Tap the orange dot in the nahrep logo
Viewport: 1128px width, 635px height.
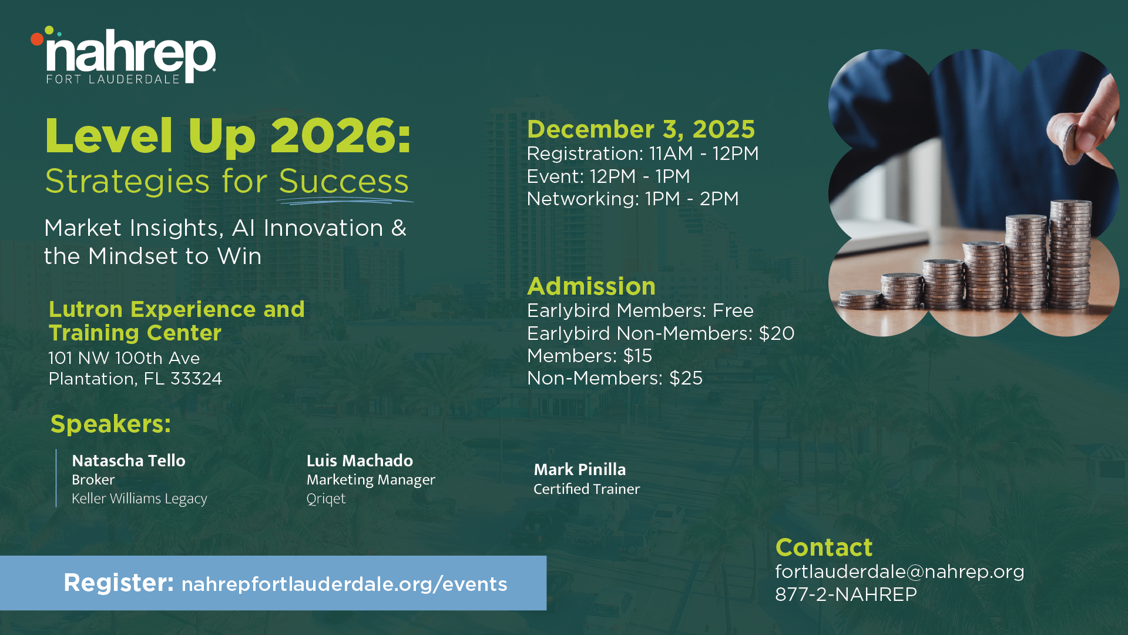[37, 39]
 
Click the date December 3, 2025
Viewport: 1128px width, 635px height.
[641, 129]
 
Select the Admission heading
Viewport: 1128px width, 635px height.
[591, 286]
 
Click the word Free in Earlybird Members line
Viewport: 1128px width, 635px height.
[733, 310]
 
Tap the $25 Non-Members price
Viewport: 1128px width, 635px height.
[686, 378]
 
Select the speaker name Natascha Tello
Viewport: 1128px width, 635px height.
[129, 460]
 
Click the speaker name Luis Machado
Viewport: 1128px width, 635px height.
[360, 460]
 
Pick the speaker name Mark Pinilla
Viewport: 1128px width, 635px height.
[580, 469]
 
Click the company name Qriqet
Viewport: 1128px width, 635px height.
[326, 499]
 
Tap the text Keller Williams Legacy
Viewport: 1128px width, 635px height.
[139, 499]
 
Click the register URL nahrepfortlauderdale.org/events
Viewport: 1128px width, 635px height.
[344, 584]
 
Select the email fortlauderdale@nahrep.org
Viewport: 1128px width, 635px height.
[899, 571]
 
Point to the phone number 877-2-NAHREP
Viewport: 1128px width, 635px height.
[846, 594]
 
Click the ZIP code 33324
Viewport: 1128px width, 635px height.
[196, 379]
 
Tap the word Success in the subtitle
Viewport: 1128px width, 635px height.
[344, 181]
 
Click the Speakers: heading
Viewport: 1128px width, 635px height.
[111, 424]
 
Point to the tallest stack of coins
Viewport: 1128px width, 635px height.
[1070, 254]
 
